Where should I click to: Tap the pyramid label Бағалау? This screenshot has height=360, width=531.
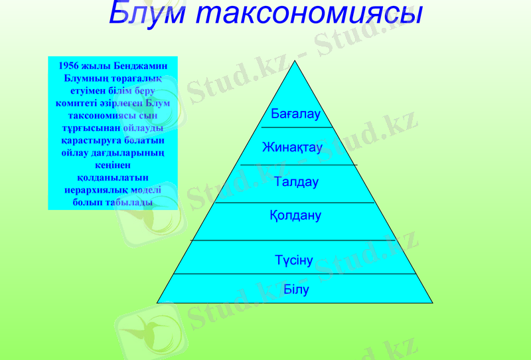click(x=295, y=114)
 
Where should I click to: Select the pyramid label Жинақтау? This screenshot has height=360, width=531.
click(x=292, y=147)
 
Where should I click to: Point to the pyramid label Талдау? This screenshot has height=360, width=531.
click(x=297, y=181)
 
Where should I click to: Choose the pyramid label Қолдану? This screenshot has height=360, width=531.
click(x=295, y=215)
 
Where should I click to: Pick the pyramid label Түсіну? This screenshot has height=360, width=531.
click(x=294, y=260)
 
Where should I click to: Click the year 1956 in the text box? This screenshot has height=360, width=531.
click(x=69, y=66)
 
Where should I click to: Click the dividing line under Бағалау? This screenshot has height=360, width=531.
click(x=296, y=127)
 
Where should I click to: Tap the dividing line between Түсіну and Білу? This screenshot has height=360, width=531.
click(x=295, y=274)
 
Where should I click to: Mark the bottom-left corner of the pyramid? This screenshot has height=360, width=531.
click(x=157, y=303)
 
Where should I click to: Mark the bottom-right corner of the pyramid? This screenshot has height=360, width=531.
click(x=433, y=303)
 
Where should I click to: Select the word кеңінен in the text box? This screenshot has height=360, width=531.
click(x=113, y=165)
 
